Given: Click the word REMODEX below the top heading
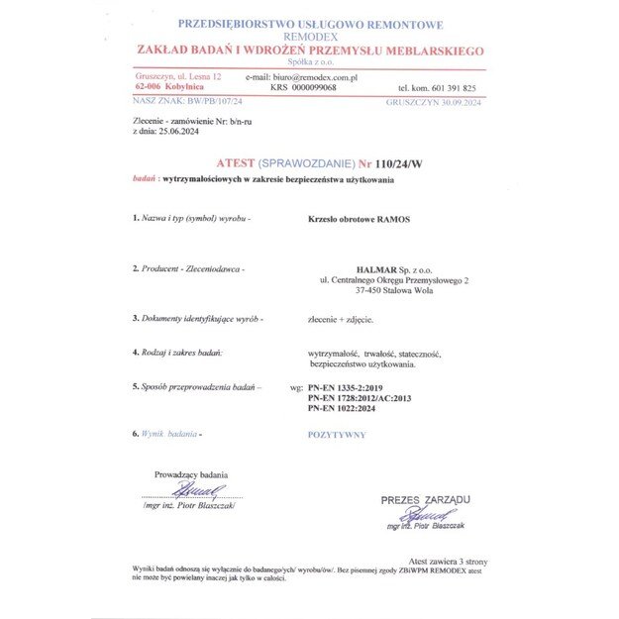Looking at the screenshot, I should coord(309,37).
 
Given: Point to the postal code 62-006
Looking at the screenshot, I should coord(153,87).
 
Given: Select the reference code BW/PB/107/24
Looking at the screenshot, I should coord(211,101).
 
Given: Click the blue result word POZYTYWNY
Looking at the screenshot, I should coord(337,435).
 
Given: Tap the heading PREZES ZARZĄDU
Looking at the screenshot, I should coord(426,500).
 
